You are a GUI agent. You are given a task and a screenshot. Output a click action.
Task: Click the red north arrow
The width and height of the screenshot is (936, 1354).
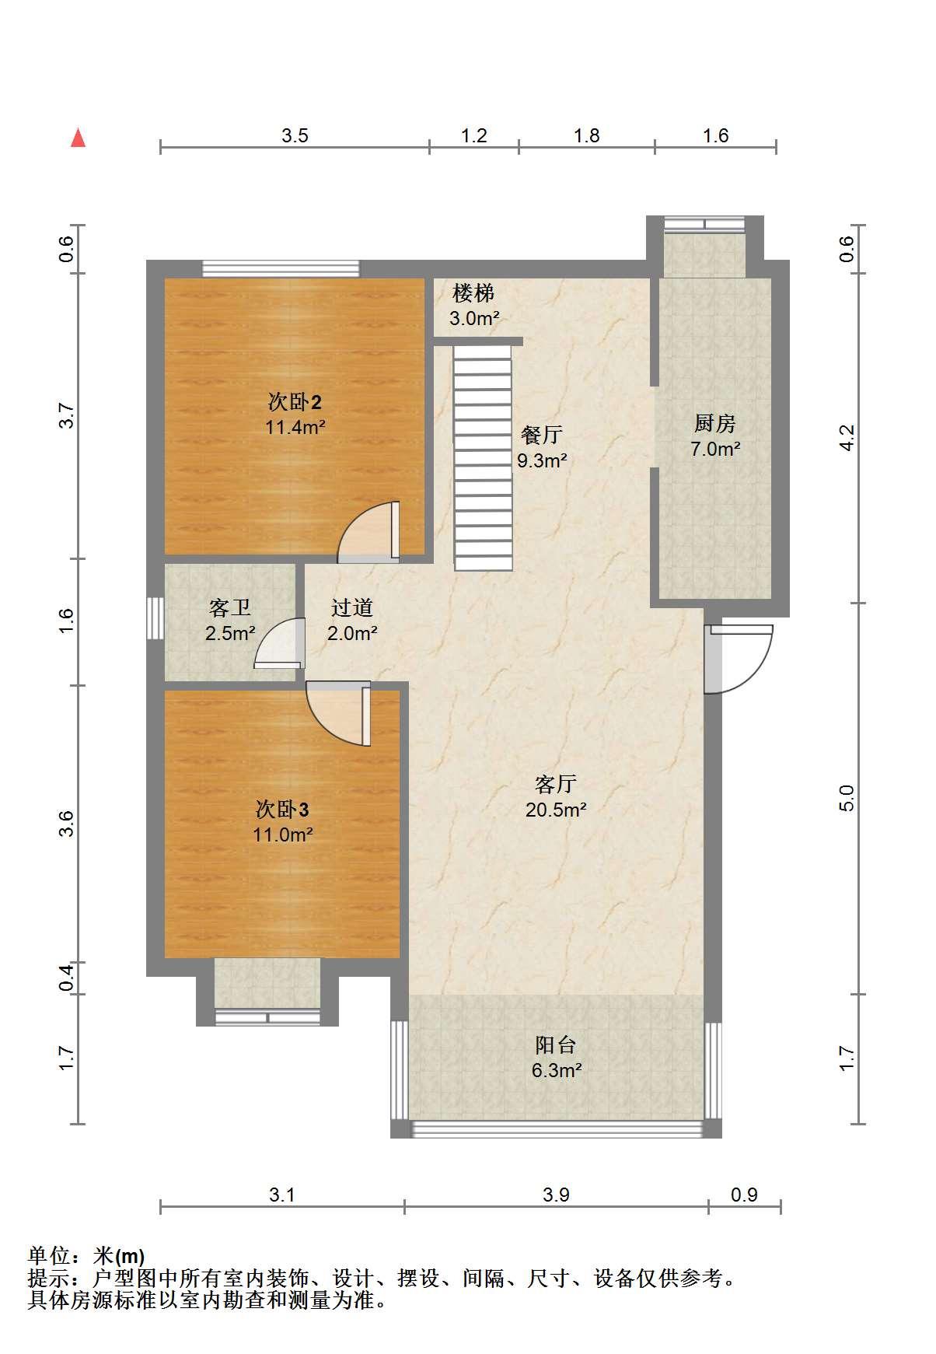78,138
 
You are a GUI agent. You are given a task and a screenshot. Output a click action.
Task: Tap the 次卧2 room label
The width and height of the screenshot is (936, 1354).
295,403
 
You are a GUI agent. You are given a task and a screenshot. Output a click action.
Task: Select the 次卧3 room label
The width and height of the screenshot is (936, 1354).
282,810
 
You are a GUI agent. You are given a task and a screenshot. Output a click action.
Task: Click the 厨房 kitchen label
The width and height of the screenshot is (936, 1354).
714,424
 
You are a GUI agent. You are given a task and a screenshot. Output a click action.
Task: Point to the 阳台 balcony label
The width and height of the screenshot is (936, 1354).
556,1045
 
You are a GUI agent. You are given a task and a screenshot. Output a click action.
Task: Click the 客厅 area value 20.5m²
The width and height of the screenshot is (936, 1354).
556,810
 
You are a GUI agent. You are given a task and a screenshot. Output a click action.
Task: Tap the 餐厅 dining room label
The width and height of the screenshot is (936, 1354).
542,435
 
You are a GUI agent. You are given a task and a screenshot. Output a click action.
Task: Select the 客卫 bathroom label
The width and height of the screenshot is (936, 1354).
230,608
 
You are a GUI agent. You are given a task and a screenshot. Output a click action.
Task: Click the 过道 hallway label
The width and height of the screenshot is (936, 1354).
352,608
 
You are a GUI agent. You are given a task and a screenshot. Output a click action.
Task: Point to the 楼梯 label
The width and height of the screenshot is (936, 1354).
473,293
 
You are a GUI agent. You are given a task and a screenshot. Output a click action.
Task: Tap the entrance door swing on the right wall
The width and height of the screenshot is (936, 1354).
739,658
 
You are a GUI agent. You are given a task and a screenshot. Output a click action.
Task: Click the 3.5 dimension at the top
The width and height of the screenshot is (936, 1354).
295,136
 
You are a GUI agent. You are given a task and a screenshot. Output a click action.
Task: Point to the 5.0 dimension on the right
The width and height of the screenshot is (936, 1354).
847,798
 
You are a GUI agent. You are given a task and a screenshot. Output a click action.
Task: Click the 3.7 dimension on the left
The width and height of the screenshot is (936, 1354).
67,415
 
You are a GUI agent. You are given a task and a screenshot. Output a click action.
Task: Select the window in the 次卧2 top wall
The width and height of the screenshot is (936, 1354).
281,269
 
